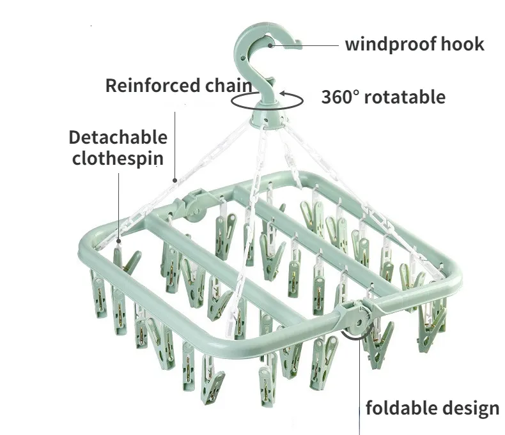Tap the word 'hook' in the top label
[x=462, y=44]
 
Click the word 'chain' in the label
[x=228, y=86]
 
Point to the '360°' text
[x=340, y=97]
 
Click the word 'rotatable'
[x=405, y=97]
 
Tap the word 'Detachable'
[x=118, y=137]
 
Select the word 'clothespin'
[x=118, y=158]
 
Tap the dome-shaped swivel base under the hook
[x=268, y=115]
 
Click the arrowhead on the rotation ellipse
[x=282, y=94]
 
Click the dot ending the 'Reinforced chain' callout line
[x=175, y=180]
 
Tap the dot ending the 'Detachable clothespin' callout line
[x=118, y=241]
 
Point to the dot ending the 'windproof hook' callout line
[x=270, y=45]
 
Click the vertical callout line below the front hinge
[x=359, y=386]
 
